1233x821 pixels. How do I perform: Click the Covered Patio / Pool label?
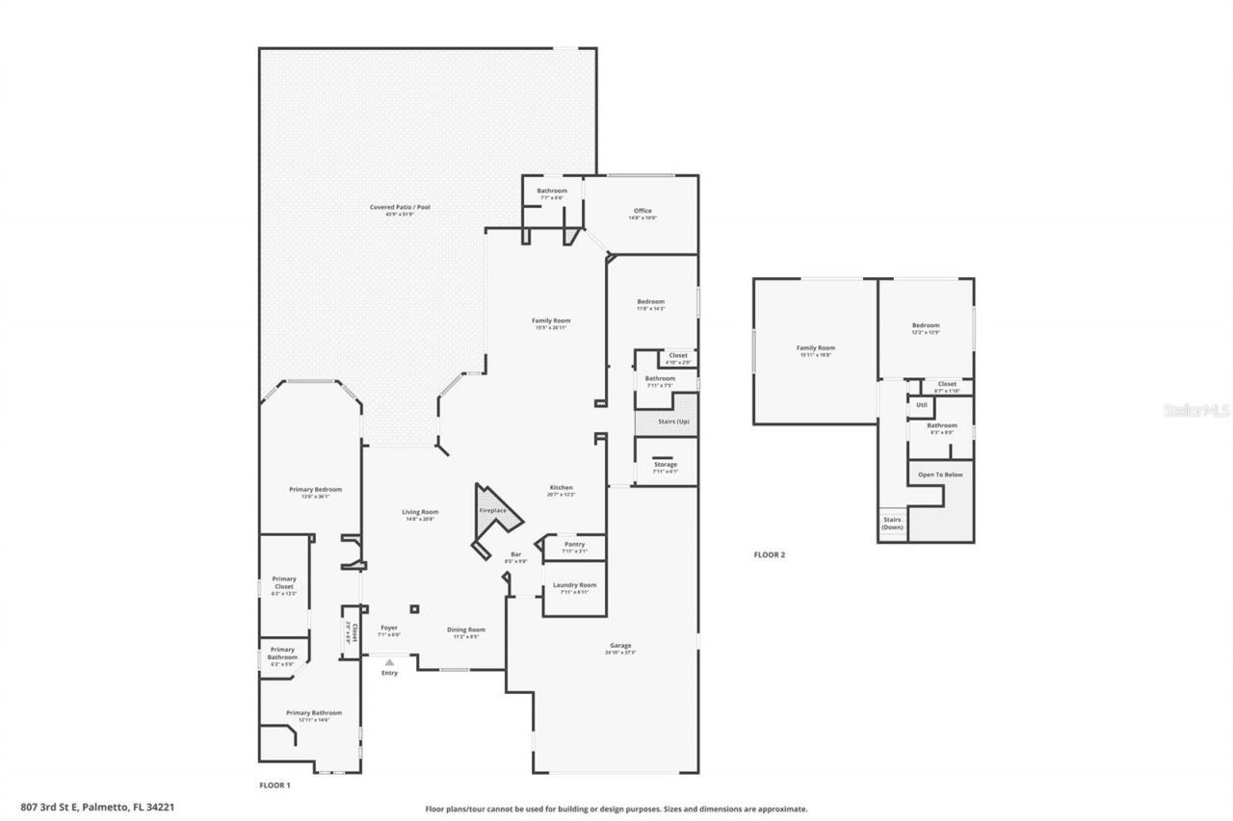click(399, 207)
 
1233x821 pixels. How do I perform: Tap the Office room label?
click(643, 212)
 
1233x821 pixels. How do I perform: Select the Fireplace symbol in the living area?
click(492, 511)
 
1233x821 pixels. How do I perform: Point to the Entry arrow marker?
click(389, 662)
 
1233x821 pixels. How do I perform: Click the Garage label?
click(620, 647)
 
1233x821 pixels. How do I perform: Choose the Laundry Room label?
click(574, 586)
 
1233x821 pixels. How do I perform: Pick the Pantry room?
click(574, 546)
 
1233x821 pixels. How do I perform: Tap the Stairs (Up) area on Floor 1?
click(666, 422)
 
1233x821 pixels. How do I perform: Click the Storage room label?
click(666, 466)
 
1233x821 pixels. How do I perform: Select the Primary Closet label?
click(283, 585)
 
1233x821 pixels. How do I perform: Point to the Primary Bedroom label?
click(315, 491)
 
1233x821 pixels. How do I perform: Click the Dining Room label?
click(465, 631)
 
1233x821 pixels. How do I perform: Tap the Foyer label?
click(388, 629)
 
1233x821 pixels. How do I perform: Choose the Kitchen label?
click(562, 489)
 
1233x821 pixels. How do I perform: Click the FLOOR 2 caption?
click(769, 554)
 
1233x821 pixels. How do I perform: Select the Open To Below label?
click(939, 475)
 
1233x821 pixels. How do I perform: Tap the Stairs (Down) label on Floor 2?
click(892, 524)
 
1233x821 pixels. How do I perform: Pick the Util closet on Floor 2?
click(921, 405)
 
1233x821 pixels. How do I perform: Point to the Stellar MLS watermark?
click(1196, 410)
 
